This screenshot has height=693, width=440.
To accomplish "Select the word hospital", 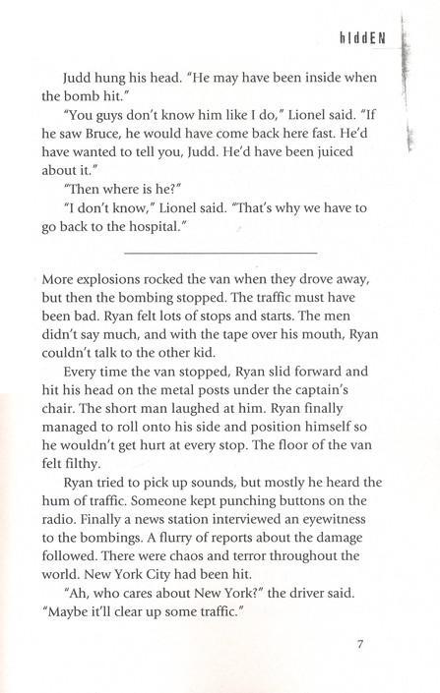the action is click(x=163, y=229).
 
